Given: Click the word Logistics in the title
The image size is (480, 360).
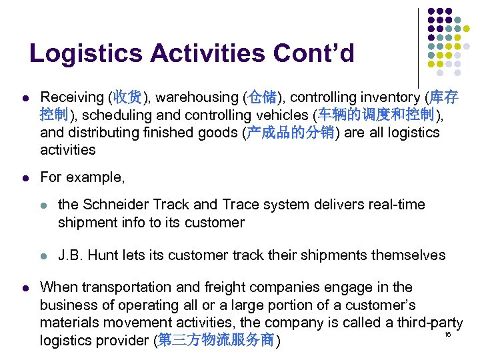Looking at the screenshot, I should coord(80,53).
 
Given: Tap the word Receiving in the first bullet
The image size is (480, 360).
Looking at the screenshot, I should coord(72,98).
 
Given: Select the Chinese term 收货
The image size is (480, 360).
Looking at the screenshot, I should coord(127,98).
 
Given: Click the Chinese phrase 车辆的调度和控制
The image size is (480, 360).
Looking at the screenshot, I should coord(376,115).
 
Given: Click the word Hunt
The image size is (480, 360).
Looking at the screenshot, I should coord(103,255).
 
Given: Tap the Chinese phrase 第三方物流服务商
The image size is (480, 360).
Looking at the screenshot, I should coord(217,341).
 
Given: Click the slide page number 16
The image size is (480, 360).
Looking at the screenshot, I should coord(447,333).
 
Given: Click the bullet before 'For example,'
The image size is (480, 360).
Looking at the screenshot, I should coord(24,178).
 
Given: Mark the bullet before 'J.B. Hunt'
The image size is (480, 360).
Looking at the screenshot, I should coord(42,255).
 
